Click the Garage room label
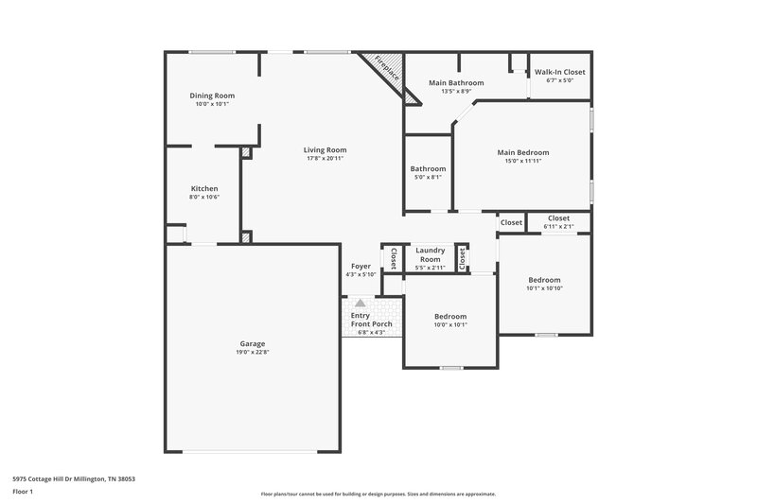252,343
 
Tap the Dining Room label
212,96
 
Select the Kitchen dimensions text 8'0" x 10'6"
204,197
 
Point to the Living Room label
325,149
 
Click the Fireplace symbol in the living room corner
388,76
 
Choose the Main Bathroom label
456,83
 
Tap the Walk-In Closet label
560,72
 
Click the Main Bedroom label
523,152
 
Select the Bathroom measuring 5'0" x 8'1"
428,169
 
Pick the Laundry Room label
430,254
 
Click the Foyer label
361,267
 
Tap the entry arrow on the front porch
360,304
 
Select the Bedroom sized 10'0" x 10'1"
450,317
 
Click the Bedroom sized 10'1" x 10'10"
544,280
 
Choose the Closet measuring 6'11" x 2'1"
558,218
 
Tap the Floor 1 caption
24,493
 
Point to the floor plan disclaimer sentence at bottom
378,494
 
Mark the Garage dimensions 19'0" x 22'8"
252,352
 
